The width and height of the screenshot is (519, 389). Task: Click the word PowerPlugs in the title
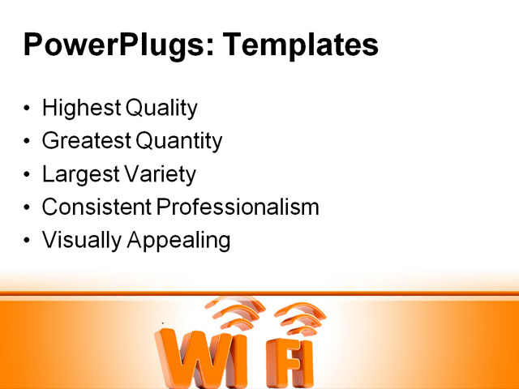113,45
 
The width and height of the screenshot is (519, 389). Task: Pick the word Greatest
86,141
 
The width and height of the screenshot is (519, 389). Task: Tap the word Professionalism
238,207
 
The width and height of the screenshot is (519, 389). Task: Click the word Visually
79,241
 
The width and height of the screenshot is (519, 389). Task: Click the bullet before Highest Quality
28,109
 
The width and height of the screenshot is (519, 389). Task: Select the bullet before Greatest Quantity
28,142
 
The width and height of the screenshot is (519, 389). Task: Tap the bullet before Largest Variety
28,175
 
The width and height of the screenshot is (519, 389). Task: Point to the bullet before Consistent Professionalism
28,208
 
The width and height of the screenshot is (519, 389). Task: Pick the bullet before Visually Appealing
28,242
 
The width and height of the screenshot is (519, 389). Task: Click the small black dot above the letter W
163,323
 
